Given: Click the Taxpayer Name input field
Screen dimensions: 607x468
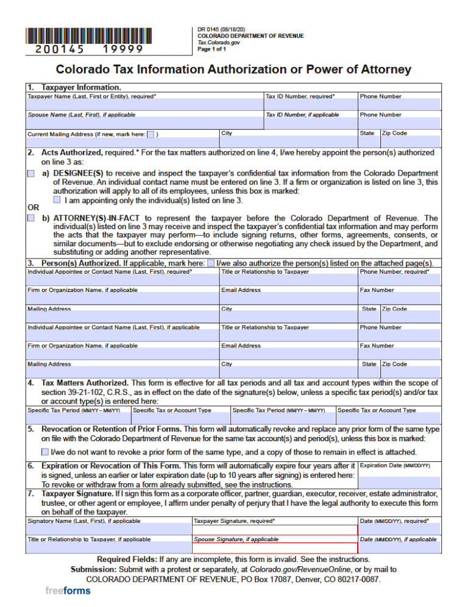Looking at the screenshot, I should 144,105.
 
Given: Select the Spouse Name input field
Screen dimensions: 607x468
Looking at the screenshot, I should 144,122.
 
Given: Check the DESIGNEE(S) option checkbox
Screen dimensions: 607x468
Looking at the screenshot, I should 31,174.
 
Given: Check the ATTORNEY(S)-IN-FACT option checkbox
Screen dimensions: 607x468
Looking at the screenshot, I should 31,218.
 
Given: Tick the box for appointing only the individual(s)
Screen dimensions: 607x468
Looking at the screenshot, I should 57,199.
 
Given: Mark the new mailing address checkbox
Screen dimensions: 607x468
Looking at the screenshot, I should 151,134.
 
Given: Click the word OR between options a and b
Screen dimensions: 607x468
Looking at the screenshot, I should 33,207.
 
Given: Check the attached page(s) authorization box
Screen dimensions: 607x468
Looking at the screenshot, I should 211,263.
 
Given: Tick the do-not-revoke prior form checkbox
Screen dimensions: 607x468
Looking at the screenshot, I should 46,452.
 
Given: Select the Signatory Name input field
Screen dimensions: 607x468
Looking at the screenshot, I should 108,530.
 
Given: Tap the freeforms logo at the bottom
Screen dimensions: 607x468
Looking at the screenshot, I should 68,591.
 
